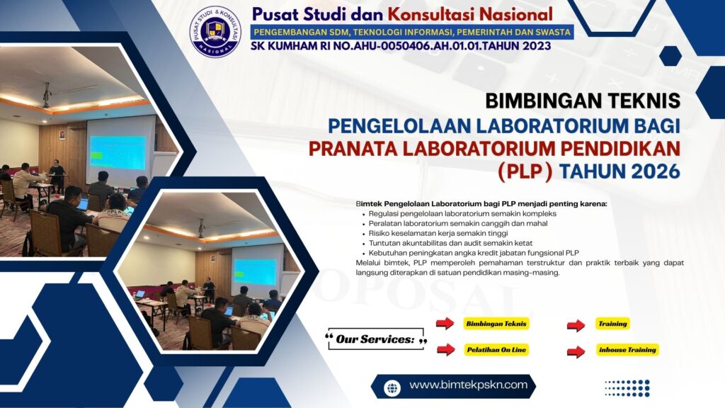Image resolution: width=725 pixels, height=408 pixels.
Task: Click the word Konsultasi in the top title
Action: [496, 13]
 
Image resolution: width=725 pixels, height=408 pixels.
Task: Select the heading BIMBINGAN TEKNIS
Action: [583, 101]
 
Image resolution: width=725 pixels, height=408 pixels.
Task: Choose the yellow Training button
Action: [612, 324]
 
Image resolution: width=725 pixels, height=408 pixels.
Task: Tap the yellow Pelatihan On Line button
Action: [496, 350]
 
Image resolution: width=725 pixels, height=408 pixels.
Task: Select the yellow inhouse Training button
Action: [627, 350]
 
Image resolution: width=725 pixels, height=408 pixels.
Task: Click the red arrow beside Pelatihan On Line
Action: [445, 349]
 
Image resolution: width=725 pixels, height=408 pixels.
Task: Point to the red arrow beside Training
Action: [576, 325]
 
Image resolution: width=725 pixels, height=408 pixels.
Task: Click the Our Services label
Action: [375, 340]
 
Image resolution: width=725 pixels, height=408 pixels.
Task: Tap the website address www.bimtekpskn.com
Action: [468, 385]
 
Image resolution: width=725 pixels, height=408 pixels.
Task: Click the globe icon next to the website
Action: [392, 387]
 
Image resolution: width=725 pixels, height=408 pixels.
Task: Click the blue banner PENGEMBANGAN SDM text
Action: [411, 32]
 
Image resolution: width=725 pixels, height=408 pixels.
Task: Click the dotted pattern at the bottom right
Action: [627, 387]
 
